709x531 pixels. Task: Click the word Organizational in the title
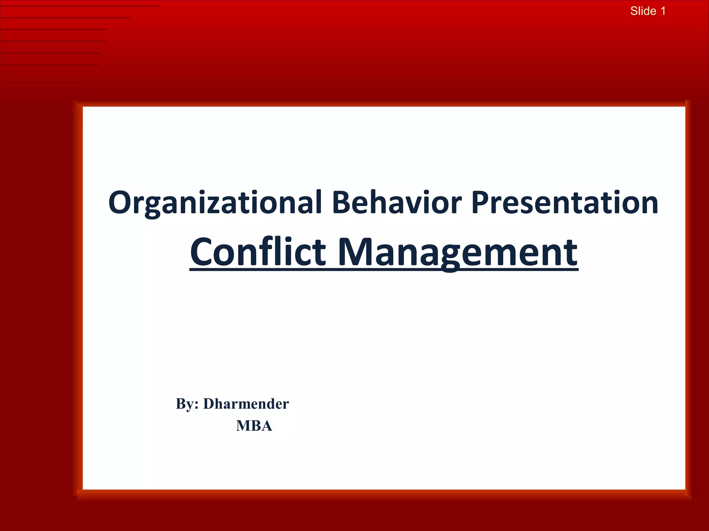point(215,203)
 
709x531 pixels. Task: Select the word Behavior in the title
point(397,203)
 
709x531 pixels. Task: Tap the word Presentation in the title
point(564,203)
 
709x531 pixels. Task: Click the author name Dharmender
point(246,404)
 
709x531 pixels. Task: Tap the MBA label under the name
point(254,426)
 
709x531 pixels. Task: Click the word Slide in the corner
point(643,11)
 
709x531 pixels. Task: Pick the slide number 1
point(663,11)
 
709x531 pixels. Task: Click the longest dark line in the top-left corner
point(80,6)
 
